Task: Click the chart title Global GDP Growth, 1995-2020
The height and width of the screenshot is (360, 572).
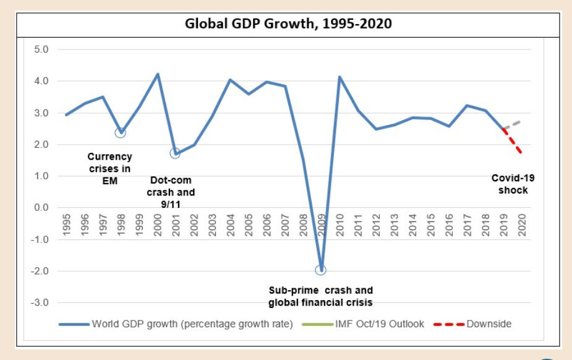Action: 288,24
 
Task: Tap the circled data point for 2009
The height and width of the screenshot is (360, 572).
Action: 321,270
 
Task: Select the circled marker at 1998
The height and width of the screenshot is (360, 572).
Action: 121,132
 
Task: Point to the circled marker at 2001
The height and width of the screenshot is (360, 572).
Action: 175,153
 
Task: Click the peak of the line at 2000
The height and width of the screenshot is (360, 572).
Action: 157,74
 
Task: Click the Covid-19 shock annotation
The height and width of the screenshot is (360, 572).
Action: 513,184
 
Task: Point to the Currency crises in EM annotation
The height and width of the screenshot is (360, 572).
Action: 109,169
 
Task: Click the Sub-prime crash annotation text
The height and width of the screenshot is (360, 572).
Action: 320,296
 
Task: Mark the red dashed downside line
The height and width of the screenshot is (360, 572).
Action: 514,140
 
